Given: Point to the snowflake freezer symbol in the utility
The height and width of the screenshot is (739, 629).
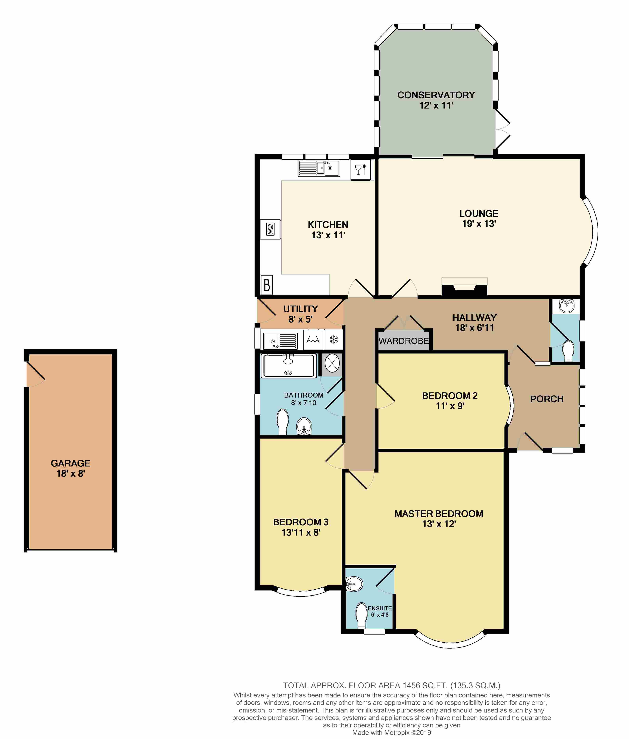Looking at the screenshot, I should click(x=333, y=339).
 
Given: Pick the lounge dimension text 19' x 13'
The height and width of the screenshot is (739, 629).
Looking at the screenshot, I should click(x=479, y=224).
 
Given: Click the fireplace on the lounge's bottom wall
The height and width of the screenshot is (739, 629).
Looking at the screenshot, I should click(x=464, y=288).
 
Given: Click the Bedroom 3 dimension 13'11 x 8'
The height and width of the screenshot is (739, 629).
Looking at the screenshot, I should click(x=301, y=533).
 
